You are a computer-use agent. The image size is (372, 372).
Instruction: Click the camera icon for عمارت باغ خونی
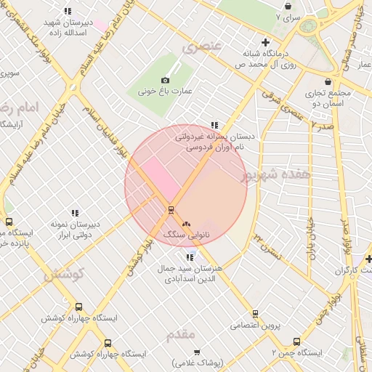pyautogui.click(x=165, y=80)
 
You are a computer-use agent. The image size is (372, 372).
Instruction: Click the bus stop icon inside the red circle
pyautogui.click(x=171, y=211)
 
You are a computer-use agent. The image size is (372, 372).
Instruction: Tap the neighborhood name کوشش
pyautogui.click(x=64, y=274)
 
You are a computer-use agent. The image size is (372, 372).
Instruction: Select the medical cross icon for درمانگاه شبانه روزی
pyautogui.click(x=266, y=43)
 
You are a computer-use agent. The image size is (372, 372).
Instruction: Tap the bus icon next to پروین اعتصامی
pyautogui.click(x=255, y=314)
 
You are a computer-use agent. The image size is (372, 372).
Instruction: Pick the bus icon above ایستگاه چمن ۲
pyautogui.click(x=296, y=341)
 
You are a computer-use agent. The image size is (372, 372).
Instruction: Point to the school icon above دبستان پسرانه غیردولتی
pyautogui.click(x=214, y=125)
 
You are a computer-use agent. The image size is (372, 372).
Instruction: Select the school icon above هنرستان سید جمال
pyautogui.click(x=190, y=256)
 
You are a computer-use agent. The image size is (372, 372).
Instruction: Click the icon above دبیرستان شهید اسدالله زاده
pyautogui.click(x=68, y=11)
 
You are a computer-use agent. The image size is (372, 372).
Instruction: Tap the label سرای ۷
pyautogui.click(x=288, y=16)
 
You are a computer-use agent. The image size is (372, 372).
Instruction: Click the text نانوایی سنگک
pyautogui.click(x=186, y=235)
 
